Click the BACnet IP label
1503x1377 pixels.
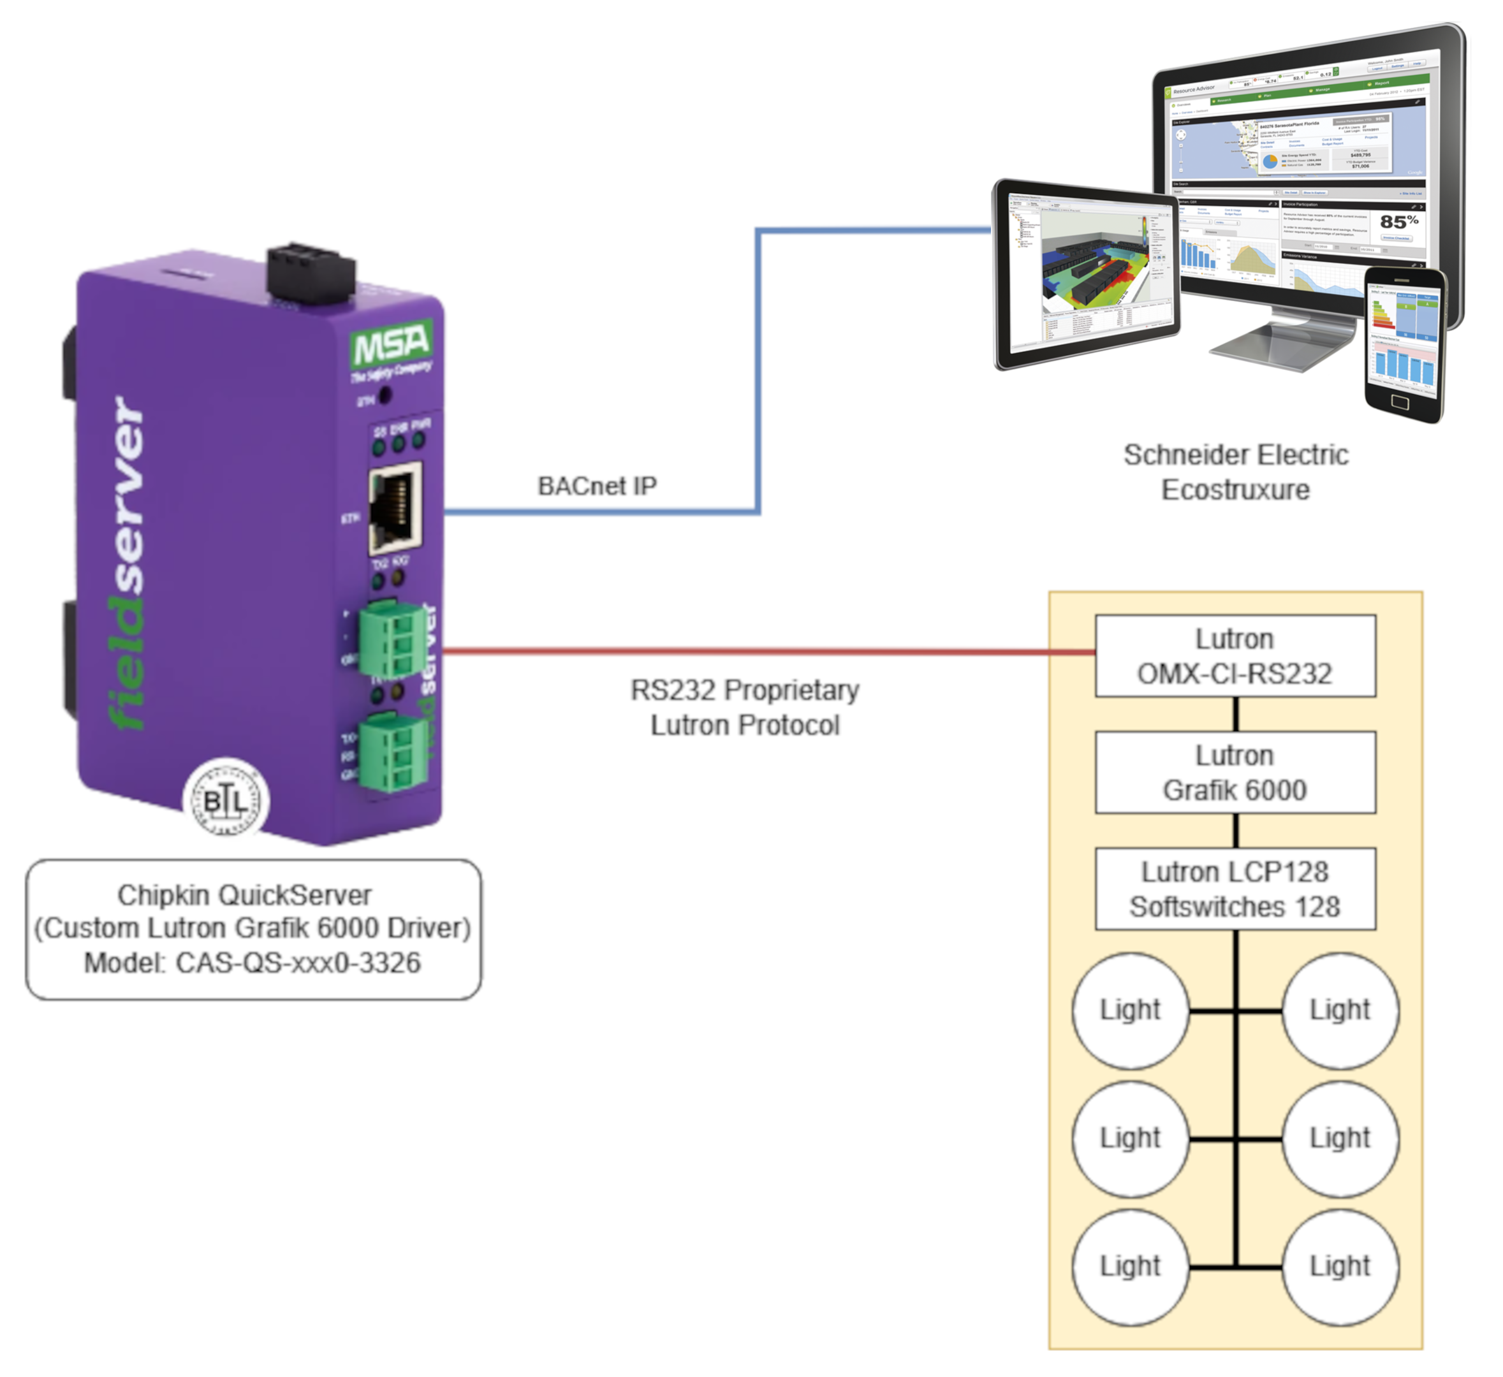pyautogui.click(x=597, y=486)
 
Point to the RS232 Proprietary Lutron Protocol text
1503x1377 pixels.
pyautogui.click(x=745, y=707)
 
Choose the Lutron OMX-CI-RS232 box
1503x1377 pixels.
pyautogui.click(x=1235, y=656)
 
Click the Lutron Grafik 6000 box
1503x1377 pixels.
pyautogui.click(x=1235, y=772)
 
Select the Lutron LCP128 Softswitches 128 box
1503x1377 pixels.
pyautogui.click(x=1235, y=888)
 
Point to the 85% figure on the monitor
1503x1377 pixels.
pyautogui.click(x=1398, y=221)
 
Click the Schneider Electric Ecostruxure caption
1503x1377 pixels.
pyautogui.click(x=1235, y=472)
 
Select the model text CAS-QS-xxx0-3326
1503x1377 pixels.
pyautogui.click(x=298, y=963)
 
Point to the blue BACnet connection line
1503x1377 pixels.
pyautogui.click(x=758, y=372)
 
